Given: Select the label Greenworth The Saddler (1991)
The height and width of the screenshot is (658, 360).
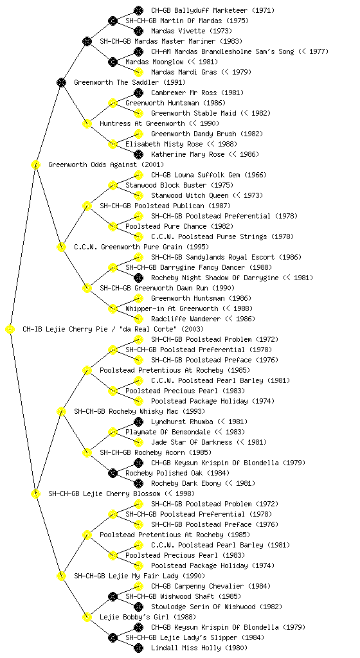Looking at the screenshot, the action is (130, 82).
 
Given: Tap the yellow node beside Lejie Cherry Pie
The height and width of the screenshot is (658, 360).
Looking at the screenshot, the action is (10, 330).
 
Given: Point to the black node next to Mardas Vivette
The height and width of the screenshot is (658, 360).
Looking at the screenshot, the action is (138, 31).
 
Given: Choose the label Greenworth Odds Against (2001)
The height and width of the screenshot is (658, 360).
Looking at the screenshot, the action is (106, 164).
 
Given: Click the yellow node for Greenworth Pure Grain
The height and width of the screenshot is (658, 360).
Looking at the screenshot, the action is (61, 247).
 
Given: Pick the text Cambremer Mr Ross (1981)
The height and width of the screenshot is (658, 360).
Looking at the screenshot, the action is (197, 93).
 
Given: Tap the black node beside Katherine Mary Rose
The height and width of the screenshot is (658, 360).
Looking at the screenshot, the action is (138, 154).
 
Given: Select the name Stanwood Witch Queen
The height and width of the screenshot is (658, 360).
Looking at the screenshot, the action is (190, 195).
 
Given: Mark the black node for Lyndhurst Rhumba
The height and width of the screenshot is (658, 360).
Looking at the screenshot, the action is (138, 422).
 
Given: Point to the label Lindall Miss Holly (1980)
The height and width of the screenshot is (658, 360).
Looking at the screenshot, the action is (199, 648).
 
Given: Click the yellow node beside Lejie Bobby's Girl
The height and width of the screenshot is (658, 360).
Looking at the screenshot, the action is (87, 618).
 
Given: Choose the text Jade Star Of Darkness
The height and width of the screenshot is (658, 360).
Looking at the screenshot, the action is (192, 442).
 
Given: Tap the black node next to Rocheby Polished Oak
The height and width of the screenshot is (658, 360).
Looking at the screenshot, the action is (113, 474).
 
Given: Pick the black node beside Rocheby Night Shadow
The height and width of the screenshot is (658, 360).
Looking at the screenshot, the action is (138, 278).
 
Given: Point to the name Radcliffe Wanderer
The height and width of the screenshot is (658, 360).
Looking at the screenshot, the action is (186, 319).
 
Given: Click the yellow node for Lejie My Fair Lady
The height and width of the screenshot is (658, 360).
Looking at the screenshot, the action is (61, 576).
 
